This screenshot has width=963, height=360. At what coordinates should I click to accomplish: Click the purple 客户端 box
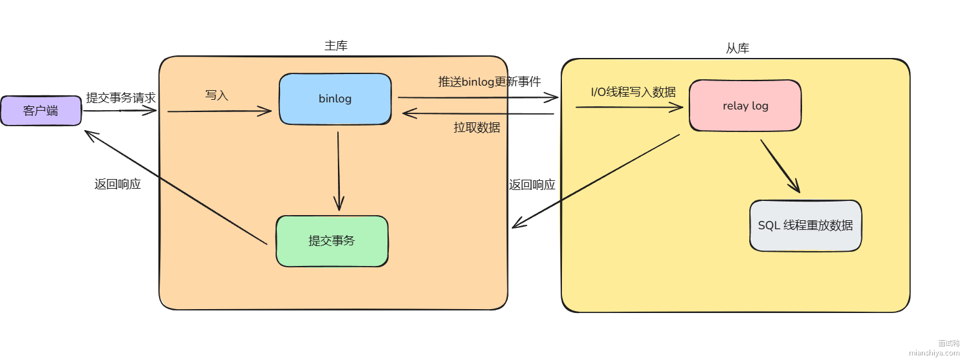click(x=41, y=111)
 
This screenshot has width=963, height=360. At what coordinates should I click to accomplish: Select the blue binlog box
click(x=335, y=99)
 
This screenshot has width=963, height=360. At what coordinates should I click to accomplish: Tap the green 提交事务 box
click(x=332, y=241)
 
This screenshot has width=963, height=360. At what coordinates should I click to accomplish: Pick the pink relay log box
click(x=745, y=106)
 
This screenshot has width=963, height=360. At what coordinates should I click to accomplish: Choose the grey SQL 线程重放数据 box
click(x=805, y=225)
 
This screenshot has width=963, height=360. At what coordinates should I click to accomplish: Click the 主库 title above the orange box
click(x=336, y=46)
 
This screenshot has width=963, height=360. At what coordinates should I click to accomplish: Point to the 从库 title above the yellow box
click(x=737, y=48)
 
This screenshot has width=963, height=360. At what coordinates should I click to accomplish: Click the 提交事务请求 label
click(x=121, y=98)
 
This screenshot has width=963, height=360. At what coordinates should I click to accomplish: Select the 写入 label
click(x=217, y=95)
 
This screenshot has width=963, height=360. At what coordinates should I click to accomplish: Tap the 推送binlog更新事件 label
click(x=489, y=82)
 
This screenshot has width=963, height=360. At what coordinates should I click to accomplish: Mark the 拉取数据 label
click(x=476, y=127)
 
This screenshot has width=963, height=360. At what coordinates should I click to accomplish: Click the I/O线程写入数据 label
click(x=633, y=92)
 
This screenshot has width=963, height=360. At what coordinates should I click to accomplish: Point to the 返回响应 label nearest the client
click(x=117, y=184)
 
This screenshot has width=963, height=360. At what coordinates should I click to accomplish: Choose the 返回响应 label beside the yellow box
click(x=532, y=185)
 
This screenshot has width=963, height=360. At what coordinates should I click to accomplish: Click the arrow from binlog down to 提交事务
click(x=339, y=171)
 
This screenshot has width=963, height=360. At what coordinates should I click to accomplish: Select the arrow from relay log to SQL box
click(x=780, y=166)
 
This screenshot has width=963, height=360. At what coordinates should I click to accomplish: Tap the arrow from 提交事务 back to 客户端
click(x=175, y=187)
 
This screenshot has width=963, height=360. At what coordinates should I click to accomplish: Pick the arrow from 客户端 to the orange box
click(x=120, y=111)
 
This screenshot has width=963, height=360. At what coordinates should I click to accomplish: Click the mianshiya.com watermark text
click(x=934, y=352)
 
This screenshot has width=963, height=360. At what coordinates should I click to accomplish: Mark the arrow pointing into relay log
click(x=630, y=107)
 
